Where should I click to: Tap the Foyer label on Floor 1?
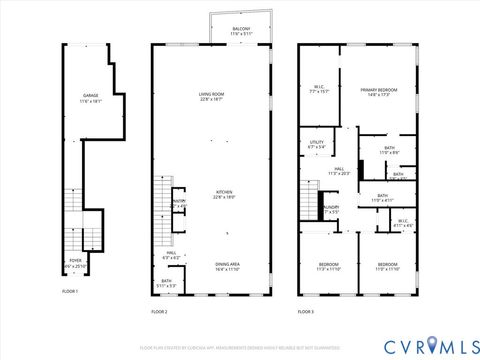tap(75, 262)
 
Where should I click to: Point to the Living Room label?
tap(211, 96)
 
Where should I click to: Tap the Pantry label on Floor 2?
tap(179, 203)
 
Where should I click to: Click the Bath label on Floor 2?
tap(167, 282)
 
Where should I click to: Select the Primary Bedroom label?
tap(380, 92)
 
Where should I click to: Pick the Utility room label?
tap(317, 145)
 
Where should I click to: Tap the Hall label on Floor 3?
tap(339, 171)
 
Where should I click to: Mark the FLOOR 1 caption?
tap(70, 290)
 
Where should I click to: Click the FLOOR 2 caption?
tap(159, 312)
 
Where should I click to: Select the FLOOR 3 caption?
tap(306, 312)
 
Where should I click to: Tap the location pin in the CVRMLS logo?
tap(431, 344)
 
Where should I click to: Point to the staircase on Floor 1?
tap(72, 210)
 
